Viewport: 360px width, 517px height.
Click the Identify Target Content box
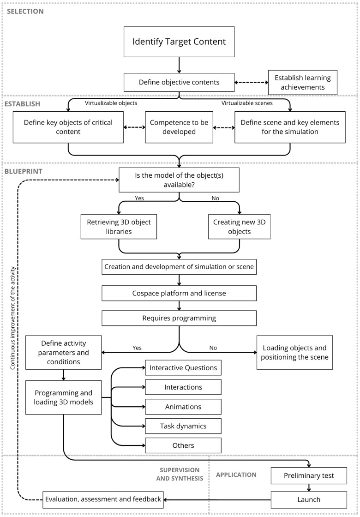point(179,42)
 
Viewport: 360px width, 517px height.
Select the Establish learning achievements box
point(303,83)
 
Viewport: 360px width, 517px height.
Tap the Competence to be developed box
point(179,127)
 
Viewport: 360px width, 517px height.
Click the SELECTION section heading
point(25,11)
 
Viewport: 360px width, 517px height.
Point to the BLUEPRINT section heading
point(23,171)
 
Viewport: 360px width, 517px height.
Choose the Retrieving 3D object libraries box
point(119,227)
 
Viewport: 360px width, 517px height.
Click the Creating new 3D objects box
point(240,227)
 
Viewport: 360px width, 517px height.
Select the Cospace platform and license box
point(179,293)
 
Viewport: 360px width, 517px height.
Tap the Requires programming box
point(179,318)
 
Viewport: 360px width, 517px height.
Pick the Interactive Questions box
point(183,368)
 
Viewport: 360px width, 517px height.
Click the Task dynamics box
point(183,426)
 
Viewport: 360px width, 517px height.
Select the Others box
point(183,445)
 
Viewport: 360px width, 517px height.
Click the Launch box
point(309,499)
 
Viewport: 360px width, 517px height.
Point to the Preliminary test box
point(309,475)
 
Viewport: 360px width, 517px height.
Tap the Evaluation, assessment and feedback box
point(103,499)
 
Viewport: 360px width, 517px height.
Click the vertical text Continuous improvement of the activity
point(12,319)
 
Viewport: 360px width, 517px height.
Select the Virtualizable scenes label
point(247,103)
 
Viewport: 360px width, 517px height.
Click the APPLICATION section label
point(236,475)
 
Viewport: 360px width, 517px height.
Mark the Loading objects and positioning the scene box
point(295,353)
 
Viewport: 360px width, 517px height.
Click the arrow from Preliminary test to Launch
point(309,487)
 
